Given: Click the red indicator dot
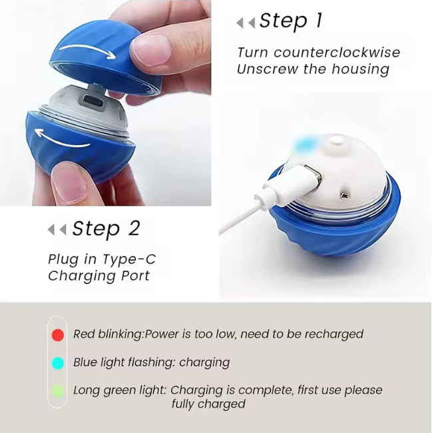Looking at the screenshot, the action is coord(58,334).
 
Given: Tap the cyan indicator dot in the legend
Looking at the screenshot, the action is coord(58,363).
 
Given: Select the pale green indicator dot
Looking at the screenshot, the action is coord(58,391).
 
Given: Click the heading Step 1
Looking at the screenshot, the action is coord(291,21).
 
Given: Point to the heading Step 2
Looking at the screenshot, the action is coord(106,228).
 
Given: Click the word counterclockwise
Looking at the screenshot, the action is coord(337,53).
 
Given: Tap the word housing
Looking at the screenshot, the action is coord(361,69).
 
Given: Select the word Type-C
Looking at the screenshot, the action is coord(129,260).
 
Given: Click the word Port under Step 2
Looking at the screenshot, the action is coord(136,276).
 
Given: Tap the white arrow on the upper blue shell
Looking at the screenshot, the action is coord(88,51).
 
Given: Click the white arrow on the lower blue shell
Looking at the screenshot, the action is coord(63,138).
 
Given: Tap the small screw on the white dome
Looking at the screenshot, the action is coord(345,196).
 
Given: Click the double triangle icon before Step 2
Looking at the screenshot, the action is coord(57,230).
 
